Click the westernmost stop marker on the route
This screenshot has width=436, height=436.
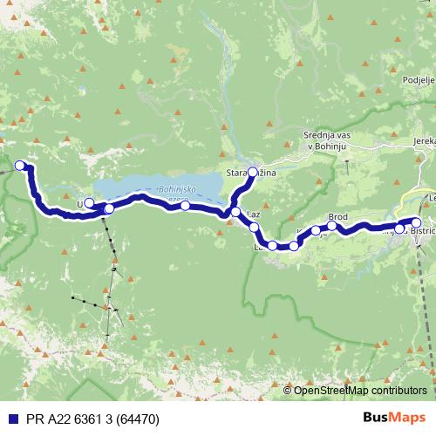[20, 164]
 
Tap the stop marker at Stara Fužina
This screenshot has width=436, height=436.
[253, 173]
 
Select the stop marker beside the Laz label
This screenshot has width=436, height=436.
[235, 212]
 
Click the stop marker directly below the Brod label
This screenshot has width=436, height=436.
[332, 226]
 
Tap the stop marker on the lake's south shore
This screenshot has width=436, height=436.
[186, 206]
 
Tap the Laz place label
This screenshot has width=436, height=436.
[255, 214]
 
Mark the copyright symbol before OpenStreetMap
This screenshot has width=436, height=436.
[288, 391]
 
